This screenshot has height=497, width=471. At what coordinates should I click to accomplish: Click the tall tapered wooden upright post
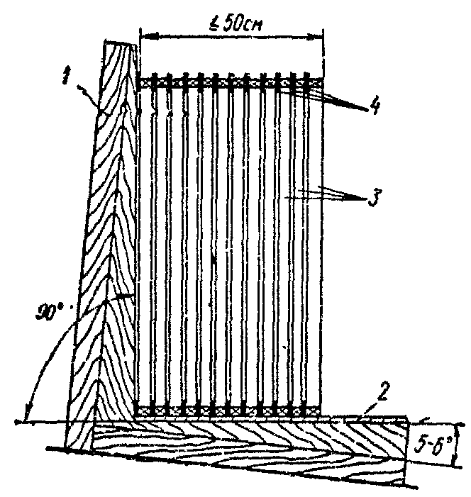(106, 248)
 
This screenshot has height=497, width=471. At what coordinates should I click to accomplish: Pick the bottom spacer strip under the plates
(231, 409)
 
